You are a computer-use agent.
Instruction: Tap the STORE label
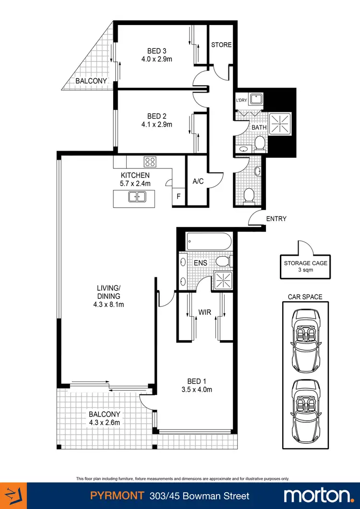pyautogui.click(x=221, y=45)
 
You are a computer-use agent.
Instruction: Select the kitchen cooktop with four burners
pyautogui.click(x=150, y=162)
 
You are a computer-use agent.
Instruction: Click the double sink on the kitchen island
pyautogui.click(x=137, y=196)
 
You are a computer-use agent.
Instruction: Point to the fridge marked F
pyautogui.click(x=179, y=197)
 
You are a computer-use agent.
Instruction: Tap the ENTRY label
pyautogui.click(x=276, y=219)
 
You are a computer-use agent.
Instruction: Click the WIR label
pyautogui.click(x=205, y=312)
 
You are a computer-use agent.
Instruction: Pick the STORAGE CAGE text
pyautogui.click(x=299, y=263)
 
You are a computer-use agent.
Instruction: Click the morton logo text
pyautogui.click(x=317, y=496)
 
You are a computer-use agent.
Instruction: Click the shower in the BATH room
pyautogui.click(x=278, y=123)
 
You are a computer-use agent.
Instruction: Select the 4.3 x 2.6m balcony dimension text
pyautogui.click(x=104, y=422)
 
